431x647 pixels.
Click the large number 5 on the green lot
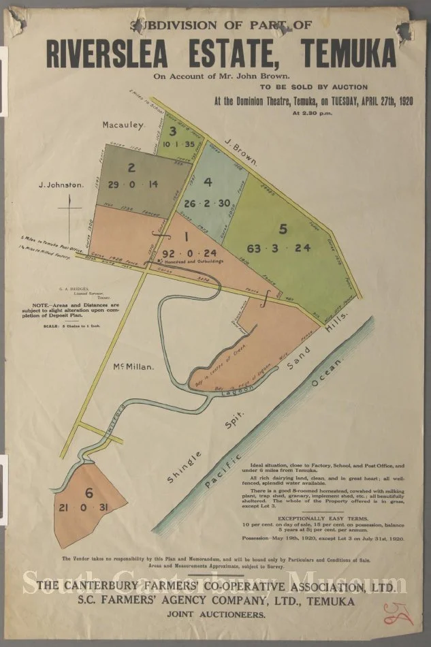pos(284,229)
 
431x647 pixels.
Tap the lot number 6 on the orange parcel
pos(89,493)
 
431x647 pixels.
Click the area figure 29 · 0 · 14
pos(133,184)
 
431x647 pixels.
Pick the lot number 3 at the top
pos(174,131)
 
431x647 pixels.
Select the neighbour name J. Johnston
pos(61,184)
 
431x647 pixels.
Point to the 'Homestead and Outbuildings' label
pos(197,262)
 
